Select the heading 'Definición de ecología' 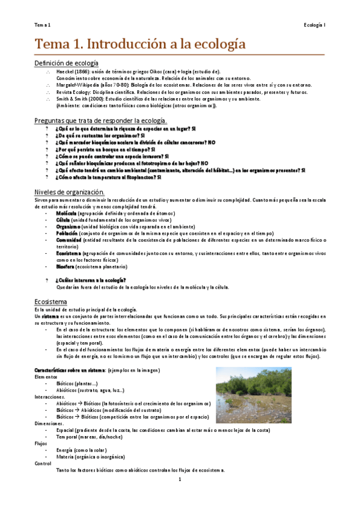pyautogui.click(x=66, y=63)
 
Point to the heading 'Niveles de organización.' pyautogui.click(x=70, y=191)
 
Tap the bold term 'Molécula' pyautogui.click(x=66, y=213)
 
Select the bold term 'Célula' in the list pyautogui.click(x=64, y=220)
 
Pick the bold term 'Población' pyautogui.click(x=67, y=233)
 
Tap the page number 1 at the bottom pyautogui.click(x=180, y=479)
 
